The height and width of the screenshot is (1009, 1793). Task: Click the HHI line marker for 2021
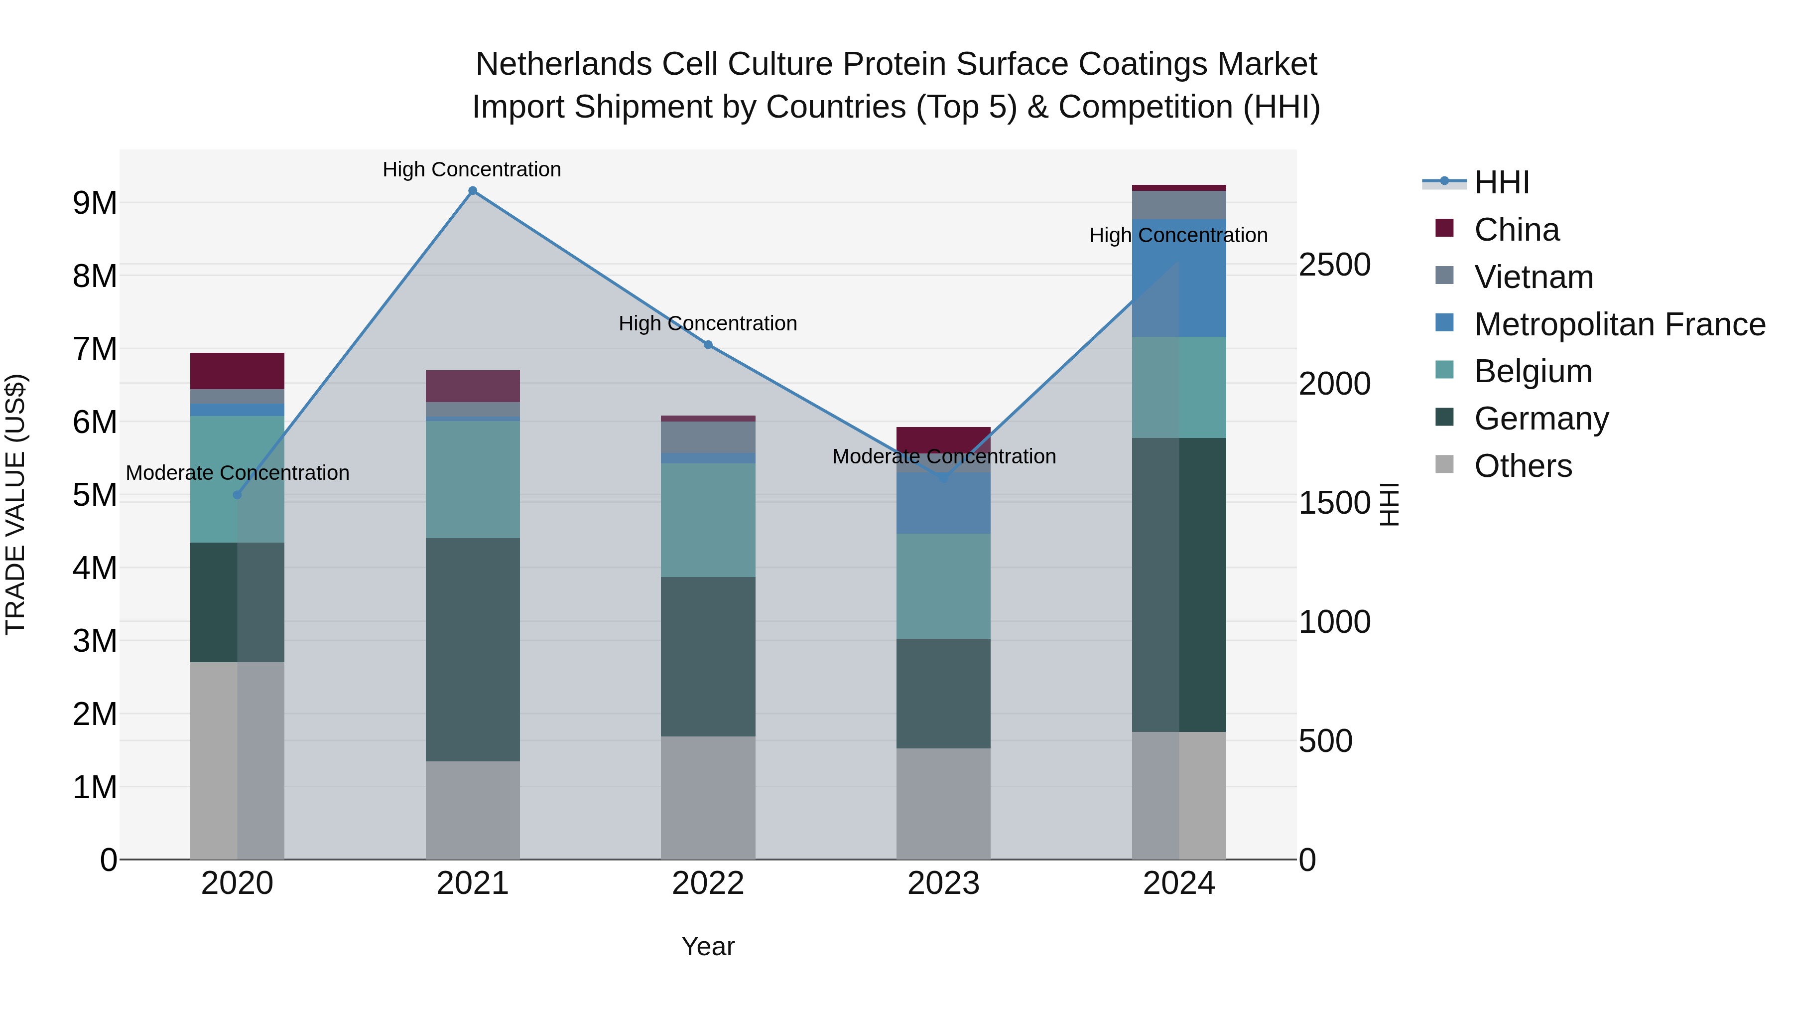click(x=473, y=191)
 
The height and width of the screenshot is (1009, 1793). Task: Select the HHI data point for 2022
click(x=708, y=345)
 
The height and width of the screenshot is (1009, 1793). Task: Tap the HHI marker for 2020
click(x=238, y=494)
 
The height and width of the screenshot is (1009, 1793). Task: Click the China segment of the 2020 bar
click(x=238, y=370)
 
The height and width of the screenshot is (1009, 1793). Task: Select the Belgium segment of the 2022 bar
click(x=708, y=520)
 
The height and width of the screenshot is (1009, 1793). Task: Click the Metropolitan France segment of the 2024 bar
click(x=1179, y=278)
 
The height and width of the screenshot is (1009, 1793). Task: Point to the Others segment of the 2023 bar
click(x=943, y=804)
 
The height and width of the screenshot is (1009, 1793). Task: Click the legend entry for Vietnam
click(x=1534, y=277)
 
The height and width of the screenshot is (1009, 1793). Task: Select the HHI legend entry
click(x=1501, y=182)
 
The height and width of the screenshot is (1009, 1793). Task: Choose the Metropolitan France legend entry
click(x=1619, y=324)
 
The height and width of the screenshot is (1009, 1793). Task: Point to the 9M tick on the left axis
click(x=95, y=203)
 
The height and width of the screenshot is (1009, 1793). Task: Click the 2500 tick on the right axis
click(x=1334, y=265)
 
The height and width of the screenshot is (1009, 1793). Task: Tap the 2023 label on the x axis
click(x=943, y=883)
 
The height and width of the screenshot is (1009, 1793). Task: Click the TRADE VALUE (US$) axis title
click(x=15, y=504)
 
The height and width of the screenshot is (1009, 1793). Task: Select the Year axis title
click(x=708, y=946)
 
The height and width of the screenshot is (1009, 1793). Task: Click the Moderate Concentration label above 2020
click(x=238, y=473)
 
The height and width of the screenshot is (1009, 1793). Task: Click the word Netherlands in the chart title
click(x=563, y=64)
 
